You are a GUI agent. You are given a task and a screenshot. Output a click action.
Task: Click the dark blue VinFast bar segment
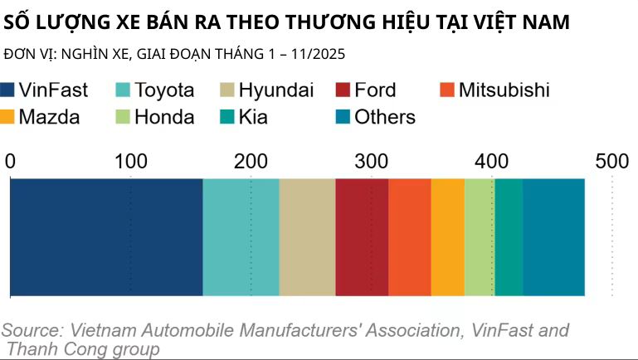[x=106, y=236]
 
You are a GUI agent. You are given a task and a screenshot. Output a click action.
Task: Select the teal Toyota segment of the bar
[x=241, y=236]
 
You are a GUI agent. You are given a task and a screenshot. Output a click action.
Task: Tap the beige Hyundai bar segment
[x=307, y=236]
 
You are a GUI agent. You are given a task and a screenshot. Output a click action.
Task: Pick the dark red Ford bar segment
[x=362, y=236]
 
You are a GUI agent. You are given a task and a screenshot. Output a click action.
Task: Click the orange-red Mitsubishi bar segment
[x=410, y=236]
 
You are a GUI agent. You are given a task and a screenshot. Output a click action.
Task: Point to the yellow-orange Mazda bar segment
[x=447, y=236]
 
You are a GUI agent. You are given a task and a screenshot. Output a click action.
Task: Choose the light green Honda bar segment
[x=480, y=236]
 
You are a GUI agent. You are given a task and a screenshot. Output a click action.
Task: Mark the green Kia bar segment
[x=509, y=236]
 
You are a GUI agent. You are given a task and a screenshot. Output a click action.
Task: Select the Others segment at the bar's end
[x=553, y=236]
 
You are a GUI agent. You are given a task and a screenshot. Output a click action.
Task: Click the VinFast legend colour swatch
[x=8, y=90]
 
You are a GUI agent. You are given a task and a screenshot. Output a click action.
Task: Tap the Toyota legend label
[x=164, y=90]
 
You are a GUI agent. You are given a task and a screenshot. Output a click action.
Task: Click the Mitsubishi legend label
[x=504, y=90]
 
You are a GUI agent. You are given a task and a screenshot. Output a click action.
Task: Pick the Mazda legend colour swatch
[x=8, y=117]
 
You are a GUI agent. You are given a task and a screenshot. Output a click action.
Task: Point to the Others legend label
[x=385, y=117]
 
